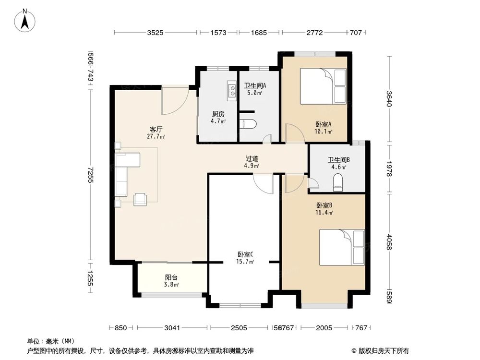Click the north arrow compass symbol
click(25, 20)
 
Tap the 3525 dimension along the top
click(155, 33)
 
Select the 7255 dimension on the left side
click(90, 175)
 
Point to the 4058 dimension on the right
click(389, 242)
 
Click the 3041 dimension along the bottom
click(172, 328)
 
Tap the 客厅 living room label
click(156, 129)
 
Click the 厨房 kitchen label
click(218, 114)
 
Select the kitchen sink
click(232, 91)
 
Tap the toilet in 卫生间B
click(337, 182)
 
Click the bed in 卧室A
click(323, 86)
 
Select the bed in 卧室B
click(342, 247)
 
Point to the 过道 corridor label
click(252, 158)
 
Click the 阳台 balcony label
click(171, 277)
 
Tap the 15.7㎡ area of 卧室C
click(245, 262)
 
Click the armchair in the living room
click(140, 199)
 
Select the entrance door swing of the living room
click(175, 101)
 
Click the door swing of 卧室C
click(263, 184)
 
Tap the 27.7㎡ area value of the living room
click(156, 136)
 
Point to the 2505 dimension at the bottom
click(239, 328)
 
